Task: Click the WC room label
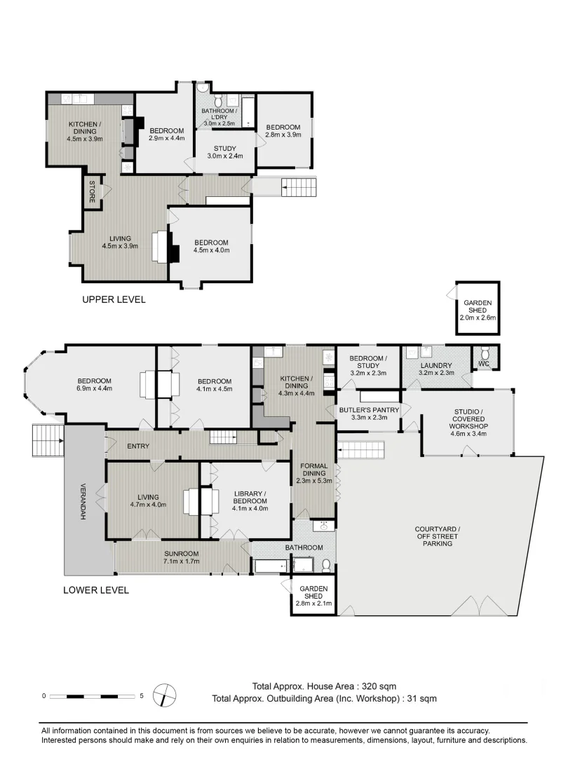(x=482, y=363)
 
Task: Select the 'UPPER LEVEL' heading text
(x=114, y=299)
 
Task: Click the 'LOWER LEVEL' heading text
(x=96, y=589)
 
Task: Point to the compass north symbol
(x=165, y=696)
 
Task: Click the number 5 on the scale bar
(x=142, y=696)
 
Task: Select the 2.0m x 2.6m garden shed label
(x=478, y=310)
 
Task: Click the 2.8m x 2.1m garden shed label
(x=314, y=596)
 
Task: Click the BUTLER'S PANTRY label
(x=369, y=414)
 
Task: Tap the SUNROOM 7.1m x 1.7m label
(x=182, y=557)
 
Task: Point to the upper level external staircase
(x=297, y=187)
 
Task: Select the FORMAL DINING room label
(x=313, y=475)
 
